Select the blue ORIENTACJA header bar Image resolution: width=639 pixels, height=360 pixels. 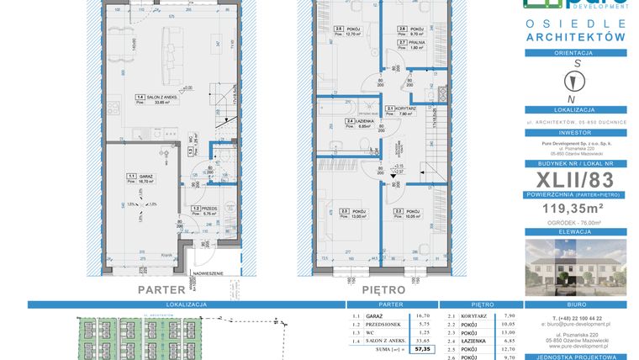574,52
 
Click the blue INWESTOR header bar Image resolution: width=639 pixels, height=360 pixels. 574,131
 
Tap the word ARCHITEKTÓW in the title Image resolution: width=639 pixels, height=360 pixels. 574,37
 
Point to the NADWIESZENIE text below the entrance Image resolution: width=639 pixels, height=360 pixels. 207,273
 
